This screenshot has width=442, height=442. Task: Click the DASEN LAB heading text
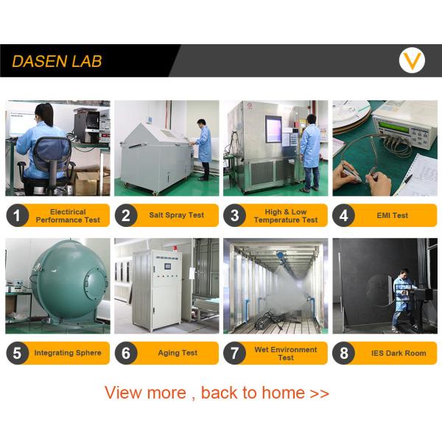click(x=57, y=61)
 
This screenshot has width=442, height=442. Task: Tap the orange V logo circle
click(x=412, y=60)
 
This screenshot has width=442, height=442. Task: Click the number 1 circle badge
click(x=18, y=215)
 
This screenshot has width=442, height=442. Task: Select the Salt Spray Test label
click(x=177, y=215)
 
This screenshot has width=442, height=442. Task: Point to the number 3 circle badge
click(x=235, y=215)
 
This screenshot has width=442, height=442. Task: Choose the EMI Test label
click(x=392, y=215)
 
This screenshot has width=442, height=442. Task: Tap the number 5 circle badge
click(x=18, y=353)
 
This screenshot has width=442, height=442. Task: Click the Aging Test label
click(x=178, y=353)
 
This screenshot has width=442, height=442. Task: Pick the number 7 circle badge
click(x=235, y=353)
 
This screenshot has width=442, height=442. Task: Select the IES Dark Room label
click(x=399, y=353)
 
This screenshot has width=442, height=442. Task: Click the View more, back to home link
click(x=217, y=393)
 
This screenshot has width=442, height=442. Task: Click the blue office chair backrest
click(x=52, y=154)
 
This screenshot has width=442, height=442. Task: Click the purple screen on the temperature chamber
click(x=273, y=129)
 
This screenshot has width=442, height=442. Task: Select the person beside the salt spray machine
click(x=203, y=150)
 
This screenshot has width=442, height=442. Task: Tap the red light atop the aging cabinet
click(x=175, y=248)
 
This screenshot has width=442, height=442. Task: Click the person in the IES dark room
click(x=404, y=301)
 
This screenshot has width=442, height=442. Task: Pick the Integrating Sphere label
click(x=68, y=353)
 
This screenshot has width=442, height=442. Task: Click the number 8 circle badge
click(x=344, y=353)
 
